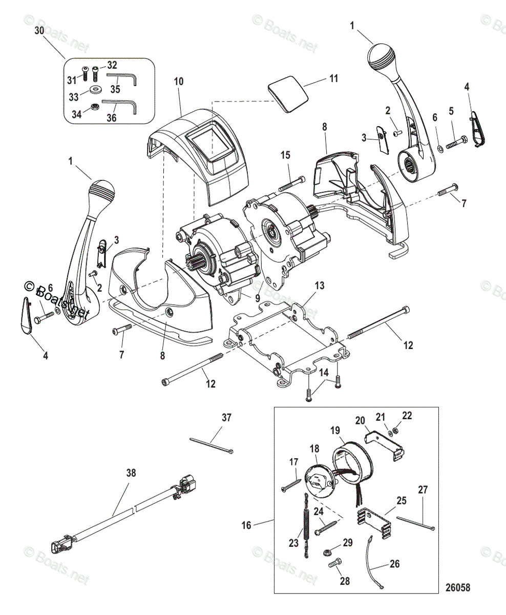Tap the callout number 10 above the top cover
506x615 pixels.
(x=178, y=81)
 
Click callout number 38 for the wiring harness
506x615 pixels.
(x=131, y=473)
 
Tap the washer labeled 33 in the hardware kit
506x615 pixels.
(x=95, y=90)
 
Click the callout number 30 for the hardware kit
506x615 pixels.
(x=39, y=31)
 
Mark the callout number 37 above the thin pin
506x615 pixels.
(x=226, y=418)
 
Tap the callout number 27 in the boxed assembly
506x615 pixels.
(x=423, y=489)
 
